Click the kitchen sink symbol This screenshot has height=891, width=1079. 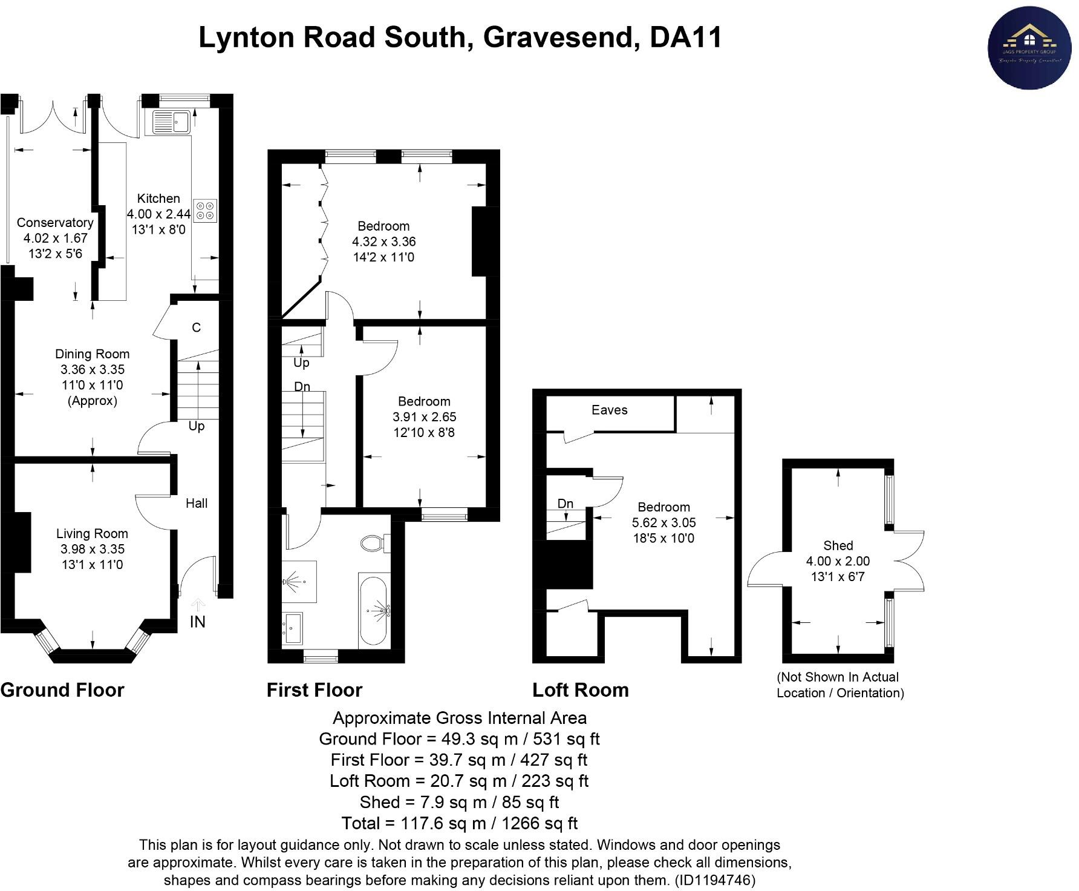click(x=172, y=122)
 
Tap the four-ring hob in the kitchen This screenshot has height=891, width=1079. click(x=205, y=210)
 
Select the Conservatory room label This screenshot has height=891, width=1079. click(x=55, y=223)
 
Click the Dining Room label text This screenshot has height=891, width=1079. click(x=92, y=354)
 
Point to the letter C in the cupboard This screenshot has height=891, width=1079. click(x=196, y=327)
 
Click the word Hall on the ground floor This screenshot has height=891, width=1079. click(x=197, y=503)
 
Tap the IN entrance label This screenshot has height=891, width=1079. click(x=198, y=622)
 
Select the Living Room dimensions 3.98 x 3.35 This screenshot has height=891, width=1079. click(x=92, y=549)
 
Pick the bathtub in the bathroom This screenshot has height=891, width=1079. click(x=374, y=611)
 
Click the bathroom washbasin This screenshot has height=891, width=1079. click(x=293, y=628)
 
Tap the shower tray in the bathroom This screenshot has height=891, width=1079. click(x=300, y=582)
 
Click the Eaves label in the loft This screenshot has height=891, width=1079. click(x=609, y=410)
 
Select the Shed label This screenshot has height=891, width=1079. click(x=838, y=545)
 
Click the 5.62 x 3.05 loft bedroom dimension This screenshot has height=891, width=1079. click(x=663, y=522)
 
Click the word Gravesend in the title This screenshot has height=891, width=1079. click(x=558, y=38)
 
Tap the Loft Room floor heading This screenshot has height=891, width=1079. click(x=580, y=690)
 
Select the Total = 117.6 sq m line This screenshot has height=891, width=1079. click(x=459, y=823)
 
